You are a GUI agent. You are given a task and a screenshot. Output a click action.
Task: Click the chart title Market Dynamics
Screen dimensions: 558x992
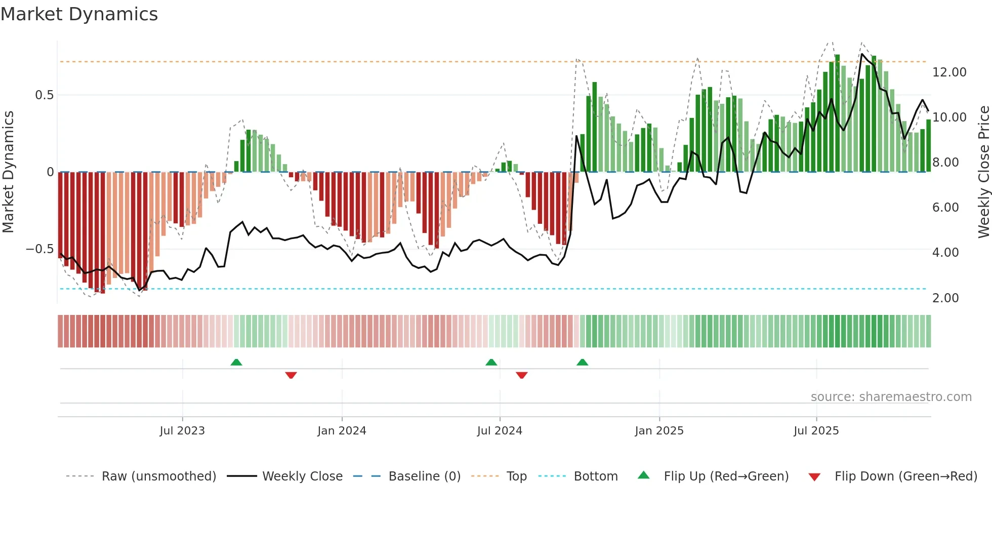click(x=79, y=14)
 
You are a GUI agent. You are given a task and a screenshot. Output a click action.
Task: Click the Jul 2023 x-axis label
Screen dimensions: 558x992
click(x=182, y=431)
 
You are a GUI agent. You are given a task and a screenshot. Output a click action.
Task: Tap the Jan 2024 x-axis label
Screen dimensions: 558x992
click(x=342, y=431)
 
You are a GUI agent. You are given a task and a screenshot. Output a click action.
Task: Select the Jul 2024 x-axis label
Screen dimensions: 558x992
click(x=500, y=431)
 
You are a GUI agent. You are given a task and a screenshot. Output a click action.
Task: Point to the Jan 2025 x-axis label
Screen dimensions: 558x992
click(x=659, y=431)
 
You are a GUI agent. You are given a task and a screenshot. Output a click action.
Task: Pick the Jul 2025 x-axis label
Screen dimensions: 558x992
click(x=816, y=431)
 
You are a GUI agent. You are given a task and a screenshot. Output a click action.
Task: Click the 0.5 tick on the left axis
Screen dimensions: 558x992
click(x=44, y=95)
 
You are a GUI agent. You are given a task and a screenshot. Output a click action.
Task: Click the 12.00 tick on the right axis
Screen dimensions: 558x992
click(x=949, y=72)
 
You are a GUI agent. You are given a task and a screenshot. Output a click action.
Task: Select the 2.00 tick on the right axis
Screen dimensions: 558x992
click(x=945, y=298)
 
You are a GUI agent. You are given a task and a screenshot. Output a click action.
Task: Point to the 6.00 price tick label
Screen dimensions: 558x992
click(x=945, y=208)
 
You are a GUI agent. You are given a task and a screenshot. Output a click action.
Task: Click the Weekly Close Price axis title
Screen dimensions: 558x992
click(x=983, y=172)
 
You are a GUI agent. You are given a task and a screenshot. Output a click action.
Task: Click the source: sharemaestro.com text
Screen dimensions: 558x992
click(x=891, y=397)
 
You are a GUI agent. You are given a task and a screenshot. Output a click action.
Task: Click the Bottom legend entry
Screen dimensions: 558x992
click(x=595, y=476)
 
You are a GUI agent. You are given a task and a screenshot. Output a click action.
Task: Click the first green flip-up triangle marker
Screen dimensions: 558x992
click(x=236, y=362)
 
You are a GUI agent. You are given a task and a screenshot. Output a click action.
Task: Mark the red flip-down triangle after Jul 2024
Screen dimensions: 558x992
click(x=522, y=375)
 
